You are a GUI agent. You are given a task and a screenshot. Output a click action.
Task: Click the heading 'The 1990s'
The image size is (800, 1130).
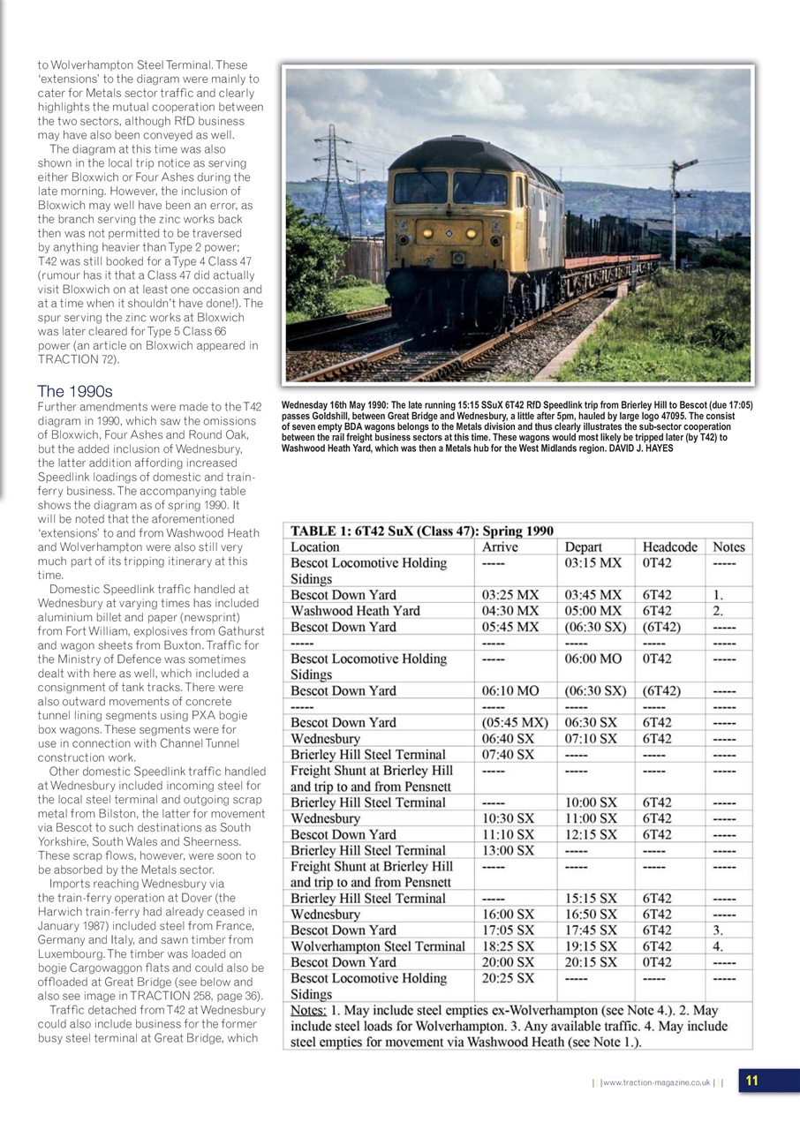click(75, 391)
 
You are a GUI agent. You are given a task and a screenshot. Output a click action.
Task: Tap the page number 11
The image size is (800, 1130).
click(751, 1081)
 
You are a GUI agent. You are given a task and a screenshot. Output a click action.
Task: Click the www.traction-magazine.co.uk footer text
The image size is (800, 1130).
click(657, 1082)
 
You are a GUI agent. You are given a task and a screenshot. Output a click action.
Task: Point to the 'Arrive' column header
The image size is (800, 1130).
click(500, 546)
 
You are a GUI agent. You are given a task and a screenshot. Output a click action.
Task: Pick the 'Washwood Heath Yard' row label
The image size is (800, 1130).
click(355, 610)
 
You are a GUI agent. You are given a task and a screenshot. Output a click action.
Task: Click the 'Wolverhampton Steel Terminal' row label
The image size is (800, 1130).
click(378, 945)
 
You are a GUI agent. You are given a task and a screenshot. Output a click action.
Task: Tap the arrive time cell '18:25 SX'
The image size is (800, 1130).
click(508, 945)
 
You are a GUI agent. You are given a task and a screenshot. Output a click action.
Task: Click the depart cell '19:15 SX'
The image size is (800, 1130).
click(591, 945)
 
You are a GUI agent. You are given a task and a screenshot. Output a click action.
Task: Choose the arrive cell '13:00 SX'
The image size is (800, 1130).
click(508, 850)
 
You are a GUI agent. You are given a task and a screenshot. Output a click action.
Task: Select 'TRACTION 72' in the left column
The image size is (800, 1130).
click(75, 359)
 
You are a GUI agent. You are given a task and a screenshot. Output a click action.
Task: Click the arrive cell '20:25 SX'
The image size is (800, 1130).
click(508, 977)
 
